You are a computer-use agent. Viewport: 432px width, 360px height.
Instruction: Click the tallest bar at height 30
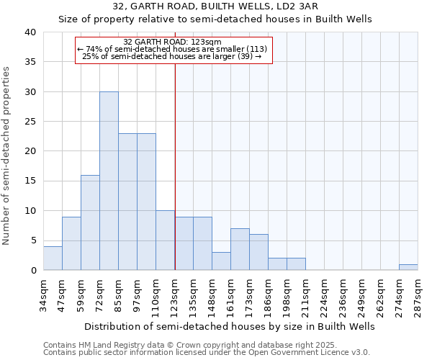[x=109, y=181]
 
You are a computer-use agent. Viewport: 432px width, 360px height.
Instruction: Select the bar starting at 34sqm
[x=53, y=258]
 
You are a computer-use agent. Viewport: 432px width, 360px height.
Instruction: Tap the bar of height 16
[x=90, y=222]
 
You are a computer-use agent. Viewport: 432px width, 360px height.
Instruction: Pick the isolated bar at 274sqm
[x=408, y=267]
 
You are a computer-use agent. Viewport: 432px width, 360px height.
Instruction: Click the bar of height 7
[x=240, y=249]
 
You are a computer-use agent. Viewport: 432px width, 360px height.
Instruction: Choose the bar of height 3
[x=221, y=261]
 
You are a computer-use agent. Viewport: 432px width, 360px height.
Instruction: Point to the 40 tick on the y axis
[x=30, y=32]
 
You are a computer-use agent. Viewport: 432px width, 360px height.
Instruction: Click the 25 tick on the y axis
[x=30, y=122]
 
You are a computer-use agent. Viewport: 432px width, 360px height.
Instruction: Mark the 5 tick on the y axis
[x=32, y=240]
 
